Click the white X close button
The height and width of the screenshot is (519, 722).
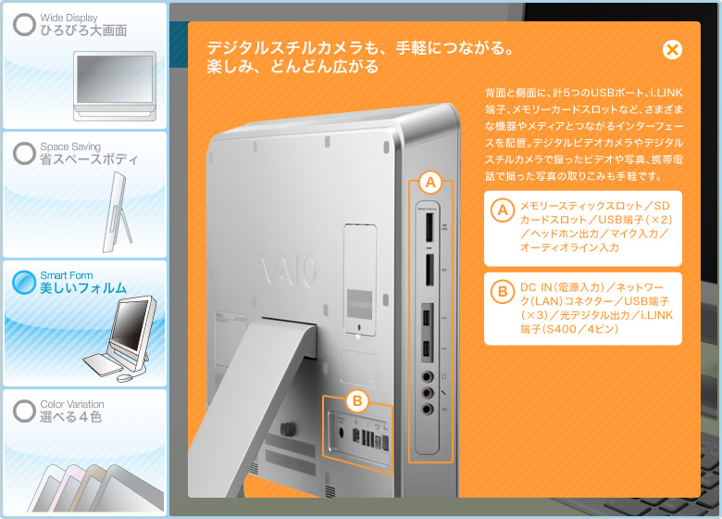[x=672, y=50]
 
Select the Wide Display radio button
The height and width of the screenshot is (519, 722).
[x=24, y=24]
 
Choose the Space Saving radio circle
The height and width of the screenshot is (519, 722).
[x=24, y=153]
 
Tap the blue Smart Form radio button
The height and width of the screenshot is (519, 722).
[x=24, y=282]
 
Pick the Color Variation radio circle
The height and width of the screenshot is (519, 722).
[x=24, y=411]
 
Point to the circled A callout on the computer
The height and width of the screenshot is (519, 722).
[x=430, y=183]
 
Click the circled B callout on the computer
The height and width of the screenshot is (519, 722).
[x=357, y=401]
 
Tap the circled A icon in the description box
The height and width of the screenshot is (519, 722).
[x=503, y=210]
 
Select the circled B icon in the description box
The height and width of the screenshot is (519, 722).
[x=503, y=292]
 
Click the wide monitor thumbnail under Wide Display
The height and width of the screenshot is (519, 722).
[x=115, y=86]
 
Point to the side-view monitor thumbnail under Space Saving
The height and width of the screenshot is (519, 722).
[x=118, y=212]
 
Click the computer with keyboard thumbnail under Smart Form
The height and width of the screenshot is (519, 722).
[x=120, y=339]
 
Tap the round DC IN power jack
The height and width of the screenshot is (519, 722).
[x=342, y=433]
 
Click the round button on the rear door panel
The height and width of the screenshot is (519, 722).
[x=359, y=328]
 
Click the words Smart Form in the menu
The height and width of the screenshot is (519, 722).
[x=67, y=275]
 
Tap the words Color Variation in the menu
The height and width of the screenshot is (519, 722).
[x=72, y=404]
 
